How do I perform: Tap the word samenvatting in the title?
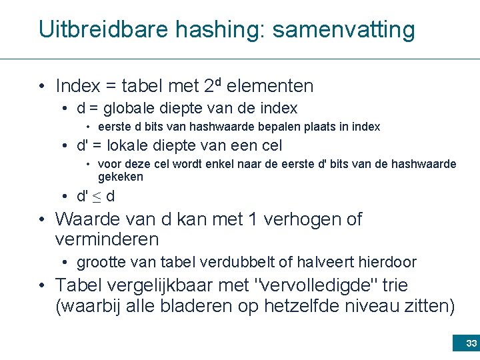click(x=343, y=29)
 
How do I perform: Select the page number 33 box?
click(x=465, y=343)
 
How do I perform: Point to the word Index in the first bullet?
click(x=78, y=87)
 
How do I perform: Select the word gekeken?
click(x=121, y=177)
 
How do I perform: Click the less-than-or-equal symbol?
click(x=97, y=197)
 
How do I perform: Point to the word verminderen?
click(x=107, y=239)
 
